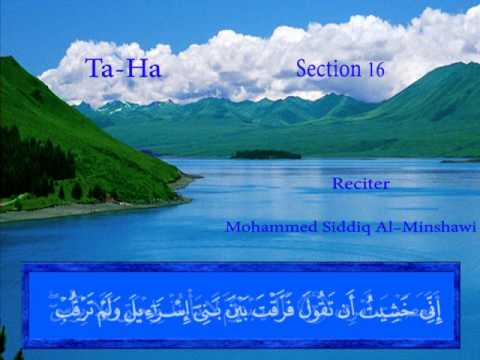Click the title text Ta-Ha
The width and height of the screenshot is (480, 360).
click(123, 69)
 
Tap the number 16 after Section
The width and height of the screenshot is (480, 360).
click(374, 70)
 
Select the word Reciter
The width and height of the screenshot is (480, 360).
click(361, 184)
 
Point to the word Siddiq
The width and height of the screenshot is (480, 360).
click(335, 227)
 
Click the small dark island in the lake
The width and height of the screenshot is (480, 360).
click(265, 154)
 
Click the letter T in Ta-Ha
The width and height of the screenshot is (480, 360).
click(92, 69)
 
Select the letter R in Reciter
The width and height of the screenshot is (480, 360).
click(337, 184)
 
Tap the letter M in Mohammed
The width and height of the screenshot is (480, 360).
click(232, 227)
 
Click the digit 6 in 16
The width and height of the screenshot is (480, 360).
click(379, 70)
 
